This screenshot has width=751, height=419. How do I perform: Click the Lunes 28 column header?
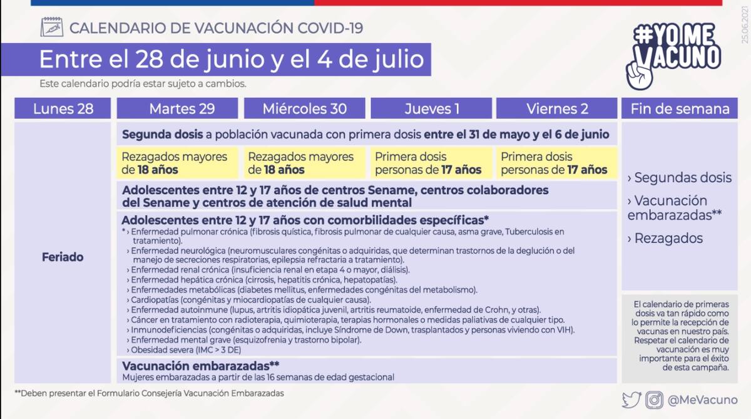click(63, 108)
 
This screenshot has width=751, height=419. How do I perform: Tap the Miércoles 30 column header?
click(304, 108)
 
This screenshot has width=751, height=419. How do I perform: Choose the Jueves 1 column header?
click(431, 108)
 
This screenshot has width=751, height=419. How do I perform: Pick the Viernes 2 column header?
click(557, 108)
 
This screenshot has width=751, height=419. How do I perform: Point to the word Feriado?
click(63, 257)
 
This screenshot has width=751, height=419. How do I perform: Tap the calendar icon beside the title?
click(51, 27)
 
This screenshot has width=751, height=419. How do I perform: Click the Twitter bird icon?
click(631, 400)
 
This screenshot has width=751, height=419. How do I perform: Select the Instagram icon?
click(655, 400)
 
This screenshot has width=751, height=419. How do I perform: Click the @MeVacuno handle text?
click(702, 400)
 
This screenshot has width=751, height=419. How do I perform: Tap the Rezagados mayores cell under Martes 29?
click(178, 163)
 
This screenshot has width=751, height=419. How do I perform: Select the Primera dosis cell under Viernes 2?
click(556, 163)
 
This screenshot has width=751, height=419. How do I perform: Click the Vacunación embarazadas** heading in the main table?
click(200, 366)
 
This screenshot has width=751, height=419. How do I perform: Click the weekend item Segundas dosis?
click(679, 177)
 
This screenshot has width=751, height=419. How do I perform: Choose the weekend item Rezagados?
click(665, 238)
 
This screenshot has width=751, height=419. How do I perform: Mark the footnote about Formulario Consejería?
click(149, 393)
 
